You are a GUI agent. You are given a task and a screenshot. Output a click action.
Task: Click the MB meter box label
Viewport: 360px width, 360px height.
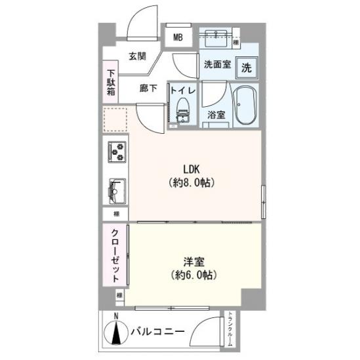click(178, 37)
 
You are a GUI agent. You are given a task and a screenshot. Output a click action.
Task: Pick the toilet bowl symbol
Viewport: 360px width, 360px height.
click(182, 112)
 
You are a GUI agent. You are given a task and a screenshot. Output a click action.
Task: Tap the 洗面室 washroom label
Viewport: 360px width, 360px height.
click(216, 65)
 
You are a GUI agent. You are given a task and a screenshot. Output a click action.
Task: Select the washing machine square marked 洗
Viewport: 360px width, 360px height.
click(246, 67)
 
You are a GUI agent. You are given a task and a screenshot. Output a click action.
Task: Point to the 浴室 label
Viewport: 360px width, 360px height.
click(216, 115)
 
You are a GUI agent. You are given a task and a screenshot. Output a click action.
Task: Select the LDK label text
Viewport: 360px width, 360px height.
click(191, 168)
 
